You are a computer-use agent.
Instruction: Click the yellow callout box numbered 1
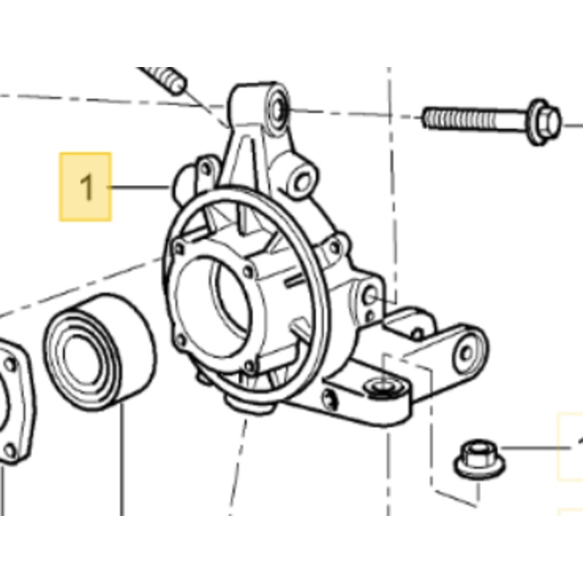click(x=85, y=187)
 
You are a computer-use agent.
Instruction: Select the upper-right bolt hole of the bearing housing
click(x=248, y=271)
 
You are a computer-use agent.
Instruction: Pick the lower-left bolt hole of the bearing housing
click(x=179, y=338)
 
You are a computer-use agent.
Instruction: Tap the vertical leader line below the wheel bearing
click(x=121, y=466)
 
